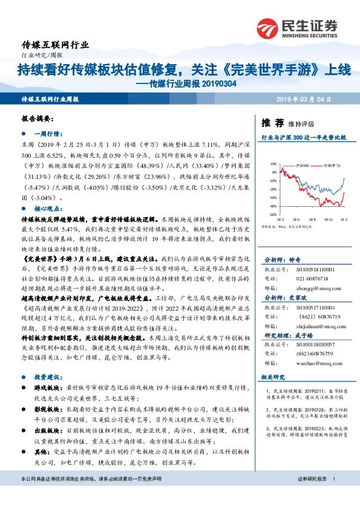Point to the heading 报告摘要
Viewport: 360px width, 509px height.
coord(38,119)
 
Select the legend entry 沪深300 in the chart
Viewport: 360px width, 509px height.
coord(303,164)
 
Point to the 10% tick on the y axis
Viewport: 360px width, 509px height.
coord(273,164)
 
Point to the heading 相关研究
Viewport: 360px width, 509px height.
coord(272,377)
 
